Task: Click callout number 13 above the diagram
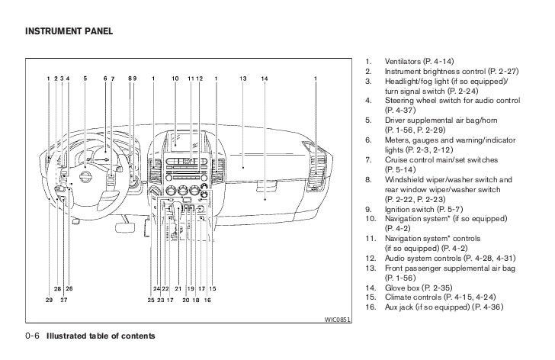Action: [x=242, y=78]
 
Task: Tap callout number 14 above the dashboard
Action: [x=264, y=78]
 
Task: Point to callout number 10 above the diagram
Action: [x=175, y=78]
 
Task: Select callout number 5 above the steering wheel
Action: [x=85, y=78]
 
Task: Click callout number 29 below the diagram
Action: [x=48, y=300]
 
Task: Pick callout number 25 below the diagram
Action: [x=152, y=300]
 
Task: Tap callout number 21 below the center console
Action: [x=177, y=288]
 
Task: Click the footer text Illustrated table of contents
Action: [x=101, y=336]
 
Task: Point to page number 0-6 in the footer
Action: [x=33, y=336]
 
